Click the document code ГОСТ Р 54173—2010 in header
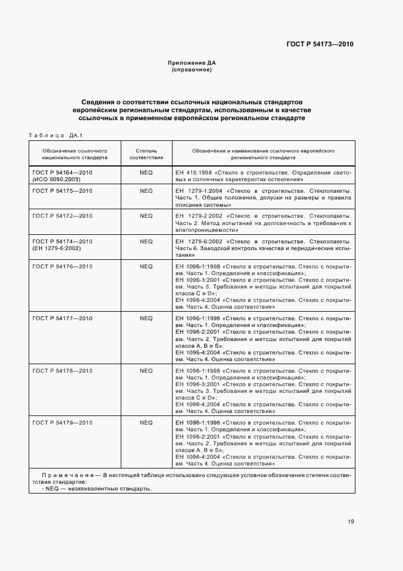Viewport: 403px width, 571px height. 320,45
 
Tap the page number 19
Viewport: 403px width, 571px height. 351,522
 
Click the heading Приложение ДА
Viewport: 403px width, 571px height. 192,63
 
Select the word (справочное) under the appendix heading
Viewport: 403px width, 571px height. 192,70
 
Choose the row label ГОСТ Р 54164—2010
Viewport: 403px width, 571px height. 62,173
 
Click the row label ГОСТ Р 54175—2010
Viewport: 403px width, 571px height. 62,191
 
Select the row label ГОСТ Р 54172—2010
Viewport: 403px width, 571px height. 62,216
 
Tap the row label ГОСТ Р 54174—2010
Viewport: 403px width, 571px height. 62,242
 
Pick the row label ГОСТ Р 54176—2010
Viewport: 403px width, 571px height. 62,267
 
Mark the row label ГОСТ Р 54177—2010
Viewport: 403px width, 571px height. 62,318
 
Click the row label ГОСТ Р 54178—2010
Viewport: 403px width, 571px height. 62,370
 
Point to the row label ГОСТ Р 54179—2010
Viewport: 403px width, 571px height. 62,422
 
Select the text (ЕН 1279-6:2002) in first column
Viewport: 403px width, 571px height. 59,249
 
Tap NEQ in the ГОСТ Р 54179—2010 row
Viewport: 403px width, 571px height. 146,422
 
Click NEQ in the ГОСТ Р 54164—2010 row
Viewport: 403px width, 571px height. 146,173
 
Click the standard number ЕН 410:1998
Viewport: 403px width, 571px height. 191,173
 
